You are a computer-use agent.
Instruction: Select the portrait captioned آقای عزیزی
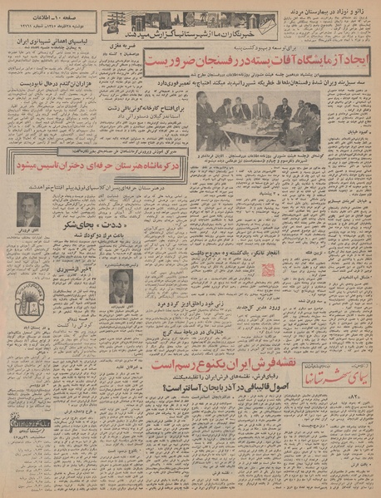(28, 209)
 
